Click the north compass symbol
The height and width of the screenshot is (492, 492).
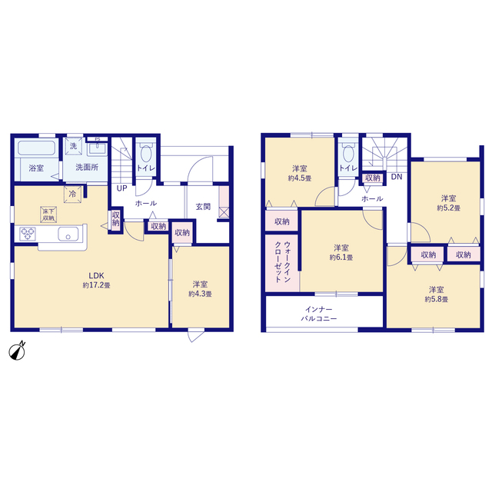click(17, 351)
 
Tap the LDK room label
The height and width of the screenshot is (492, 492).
click(96, 276)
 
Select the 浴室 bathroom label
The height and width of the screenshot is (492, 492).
click(36, 168)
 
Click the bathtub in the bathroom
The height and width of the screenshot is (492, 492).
click(37, 148)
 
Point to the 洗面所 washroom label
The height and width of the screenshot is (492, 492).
click(87, 168)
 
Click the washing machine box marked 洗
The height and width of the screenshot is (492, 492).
click(74, 146)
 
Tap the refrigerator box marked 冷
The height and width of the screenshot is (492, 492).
click(72, 194)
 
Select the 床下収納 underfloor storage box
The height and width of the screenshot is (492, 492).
click(48, 214)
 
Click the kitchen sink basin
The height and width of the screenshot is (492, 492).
click(68, 234)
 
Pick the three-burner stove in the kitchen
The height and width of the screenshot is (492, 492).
click(28, 234)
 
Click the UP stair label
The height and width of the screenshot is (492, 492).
click(121, 188)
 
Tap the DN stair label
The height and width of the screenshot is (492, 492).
click(397, 177)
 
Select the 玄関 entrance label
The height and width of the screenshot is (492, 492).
click(203, 207)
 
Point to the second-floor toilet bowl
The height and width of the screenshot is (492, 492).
click(348, 153)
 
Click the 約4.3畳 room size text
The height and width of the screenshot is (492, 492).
click(200, 294)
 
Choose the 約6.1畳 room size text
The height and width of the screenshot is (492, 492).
click(341, 258)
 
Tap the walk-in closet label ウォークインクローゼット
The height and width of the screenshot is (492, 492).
click(282, 262)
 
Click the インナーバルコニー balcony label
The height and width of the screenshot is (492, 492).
click(319, 314)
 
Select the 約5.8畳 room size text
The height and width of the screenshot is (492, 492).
click(437, 299)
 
